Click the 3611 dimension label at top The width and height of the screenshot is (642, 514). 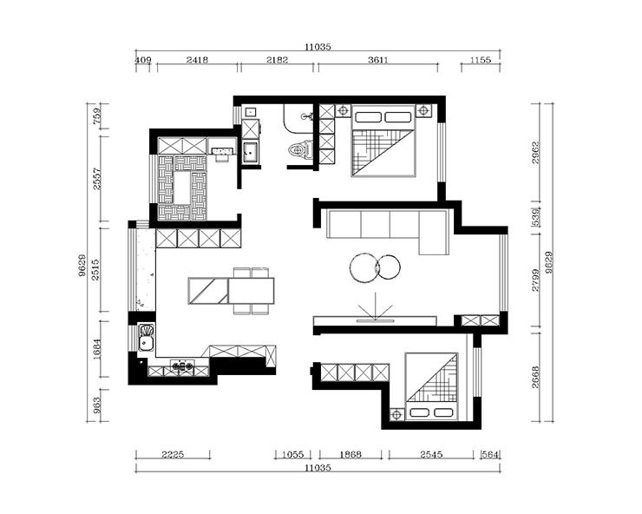[x=377, y=60]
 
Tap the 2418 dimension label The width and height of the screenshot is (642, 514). [x=197, y=60]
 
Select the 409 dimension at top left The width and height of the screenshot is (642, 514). [x=143, y=60]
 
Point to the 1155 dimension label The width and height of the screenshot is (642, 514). [x=481, y=60]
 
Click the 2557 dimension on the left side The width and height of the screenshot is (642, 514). [x=96, y=179]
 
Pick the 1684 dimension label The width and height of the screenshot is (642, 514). [x=96, y=349]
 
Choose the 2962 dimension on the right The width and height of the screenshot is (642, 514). [x=536, y=153]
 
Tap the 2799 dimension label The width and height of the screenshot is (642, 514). [x=536, y=280]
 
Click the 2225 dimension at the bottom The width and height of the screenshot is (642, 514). [x=173, y=454]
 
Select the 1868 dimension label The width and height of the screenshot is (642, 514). [x=350, y=454]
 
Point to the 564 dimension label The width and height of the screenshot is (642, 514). [x=490, y=454]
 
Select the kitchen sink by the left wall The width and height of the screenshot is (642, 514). [x=146, y=338]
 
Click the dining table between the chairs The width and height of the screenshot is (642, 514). [x=251, y=291]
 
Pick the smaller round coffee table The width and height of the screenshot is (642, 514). [x=388, y=267]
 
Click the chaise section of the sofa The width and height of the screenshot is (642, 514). [x=434, y=232]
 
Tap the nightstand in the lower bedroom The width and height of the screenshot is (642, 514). [x=396, y=415]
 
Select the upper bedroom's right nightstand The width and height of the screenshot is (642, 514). [x=423, y=110]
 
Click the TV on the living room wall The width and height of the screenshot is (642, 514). [x=375, y=321]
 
